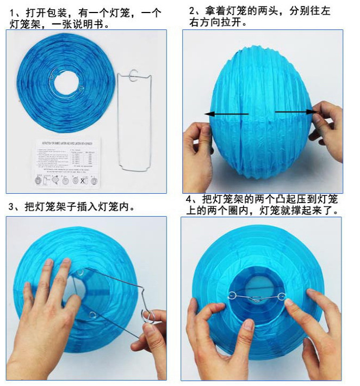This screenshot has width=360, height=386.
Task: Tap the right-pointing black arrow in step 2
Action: click(296, 112)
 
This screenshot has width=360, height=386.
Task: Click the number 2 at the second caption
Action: click(193, 11)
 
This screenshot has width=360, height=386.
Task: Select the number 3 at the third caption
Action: click(13, 207)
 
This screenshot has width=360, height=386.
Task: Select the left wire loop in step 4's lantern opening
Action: click(233, 296)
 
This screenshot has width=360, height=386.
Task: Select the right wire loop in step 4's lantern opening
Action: click(282, 296)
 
